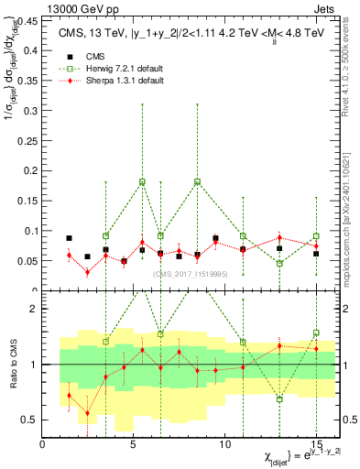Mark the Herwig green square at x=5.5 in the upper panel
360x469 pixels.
coord(142,181)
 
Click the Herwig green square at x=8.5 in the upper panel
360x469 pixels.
coord(197,181)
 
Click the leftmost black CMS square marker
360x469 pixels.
coord(69,238)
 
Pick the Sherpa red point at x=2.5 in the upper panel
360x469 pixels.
coord(87,272)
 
